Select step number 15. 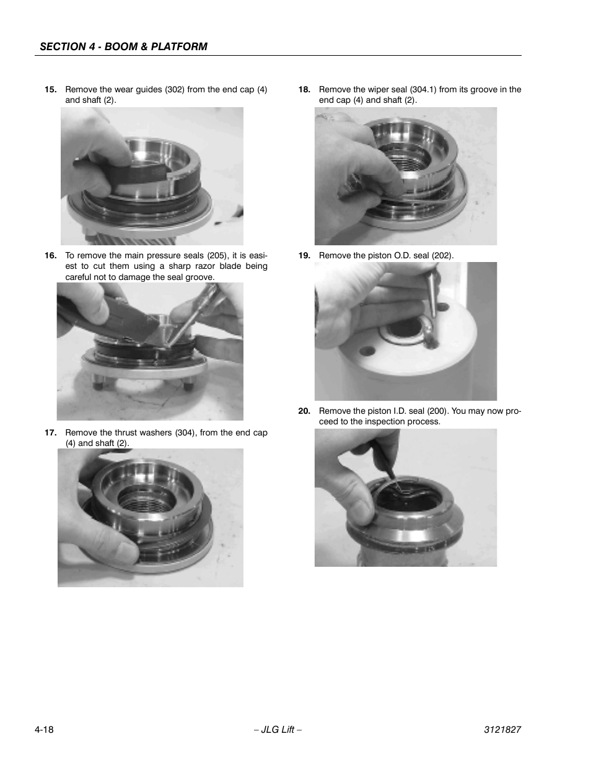coord(50,89)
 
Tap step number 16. coord(50,255)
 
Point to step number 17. coord(50,432)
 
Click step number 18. coord(304,89)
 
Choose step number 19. coord(304,255)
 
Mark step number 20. coord(304,411)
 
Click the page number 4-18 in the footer coord(44,730)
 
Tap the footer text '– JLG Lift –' coord(278,730)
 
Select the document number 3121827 coord(502,730)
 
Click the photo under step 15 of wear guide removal coord(152,176)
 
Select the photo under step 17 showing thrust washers coord(151,517)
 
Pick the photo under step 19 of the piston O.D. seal coord(405,331)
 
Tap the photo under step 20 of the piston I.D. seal coord(405,497)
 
